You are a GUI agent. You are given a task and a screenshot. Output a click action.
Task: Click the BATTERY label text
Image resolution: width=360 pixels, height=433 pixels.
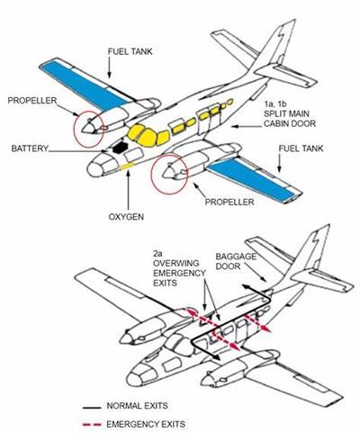click(30, 149)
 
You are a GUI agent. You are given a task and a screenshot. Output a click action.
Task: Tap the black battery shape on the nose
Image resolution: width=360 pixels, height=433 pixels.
click(120, 147)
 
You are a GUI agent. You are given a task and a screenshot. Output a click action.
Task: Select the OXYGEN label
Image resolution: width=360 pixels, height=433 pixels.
click(126, 217)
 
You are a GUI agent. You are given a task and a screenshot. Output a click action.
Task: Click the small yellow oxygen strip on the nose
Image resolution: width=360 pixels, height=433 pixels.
click(127, 166)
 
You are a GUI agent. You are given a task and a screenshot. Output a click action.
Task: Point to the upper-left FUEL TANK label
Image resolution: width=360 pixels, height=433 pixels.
click(130, 51)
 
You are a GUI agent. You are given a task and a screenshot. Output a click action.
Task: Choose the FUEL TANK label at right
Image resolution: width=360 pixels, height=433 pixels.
click(301, 149)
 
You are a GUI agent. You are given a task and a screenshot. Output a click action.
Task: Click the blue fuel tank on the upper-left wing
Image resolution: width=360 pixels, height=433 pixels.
click(85, 85)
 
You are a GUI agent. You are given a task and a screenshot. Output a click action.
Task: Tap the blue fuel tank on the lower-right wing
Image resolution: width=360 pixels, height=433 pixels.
click(251, 177)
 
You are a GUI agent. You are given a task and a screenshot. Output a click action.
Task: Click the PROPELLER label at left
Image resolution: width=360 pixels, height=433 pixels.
click(32, 100)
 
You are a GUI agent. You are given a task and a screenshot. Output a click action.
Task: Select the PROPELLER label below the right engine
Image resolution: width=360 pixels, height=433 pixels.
click(229, 202)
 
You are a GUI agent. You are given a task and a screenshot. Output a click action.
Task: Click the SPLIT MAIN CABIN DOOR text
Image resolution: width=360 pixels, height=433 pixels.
click(290, 118)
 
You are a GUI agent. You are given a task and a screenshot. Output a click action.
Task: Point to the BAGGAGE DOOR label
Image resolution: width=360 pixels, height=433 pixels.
click(236, 261)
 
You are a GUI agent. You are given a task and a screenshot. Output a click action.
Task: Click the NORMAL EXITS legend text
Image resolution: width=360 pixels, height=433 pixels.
click(137, 406)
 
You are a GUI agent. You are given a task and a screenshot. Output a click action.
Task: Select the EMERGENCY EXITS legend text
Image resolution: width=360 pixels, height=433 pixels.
click(146, 424)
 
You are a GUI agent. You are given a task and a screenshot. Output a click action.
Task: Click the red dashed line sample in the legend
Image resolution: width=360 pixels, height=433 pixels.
click(92, 424)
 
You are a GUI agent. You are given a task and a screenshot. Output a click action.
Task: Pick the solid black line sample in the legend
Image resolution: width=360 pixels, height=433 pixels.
click(92, 408)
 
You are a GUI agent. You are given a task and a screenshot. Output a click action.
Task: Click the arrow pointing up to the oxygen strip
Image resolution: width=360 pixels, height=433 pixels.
click(128, 190)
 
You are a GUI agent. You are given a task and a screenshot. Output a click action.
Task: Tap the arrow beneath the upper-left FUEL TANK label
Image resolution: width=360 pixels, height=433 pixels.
click(110, 68)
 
